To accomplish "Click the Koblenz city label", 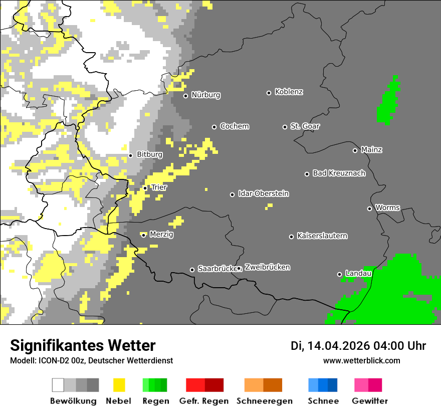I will tap(289, 92).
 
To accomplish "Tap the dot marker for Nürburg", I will tap(185, 96).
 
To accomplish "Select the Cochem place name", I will tap(234, 126).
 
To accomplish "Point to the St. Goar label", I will tap(305, 126).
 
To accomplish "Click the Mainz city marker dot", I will tap(355, 150).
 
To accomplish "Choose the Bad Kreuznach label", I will tap(339, 173).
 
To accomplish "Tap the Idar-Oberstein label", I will tap(263, 193).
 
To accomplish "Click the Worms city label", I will tap(387, 207).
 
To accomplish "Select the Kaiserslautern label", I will tap(322, 236).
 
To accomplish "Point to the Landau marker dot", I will tap(339, 274).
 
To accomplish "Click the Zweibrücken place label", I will tap(267, 267).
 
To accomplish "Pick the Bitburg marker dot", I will tap(130, 155).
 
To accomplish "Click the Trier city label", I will tap(159, 187).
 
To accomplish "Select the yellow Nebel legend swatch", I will tap(119, 385).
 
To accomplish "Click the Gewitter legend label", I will tap(369, 401).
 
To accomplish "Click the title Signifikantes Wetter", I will tap(83, 345).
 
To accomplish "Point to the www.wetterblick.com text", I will tap(361, 360).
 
